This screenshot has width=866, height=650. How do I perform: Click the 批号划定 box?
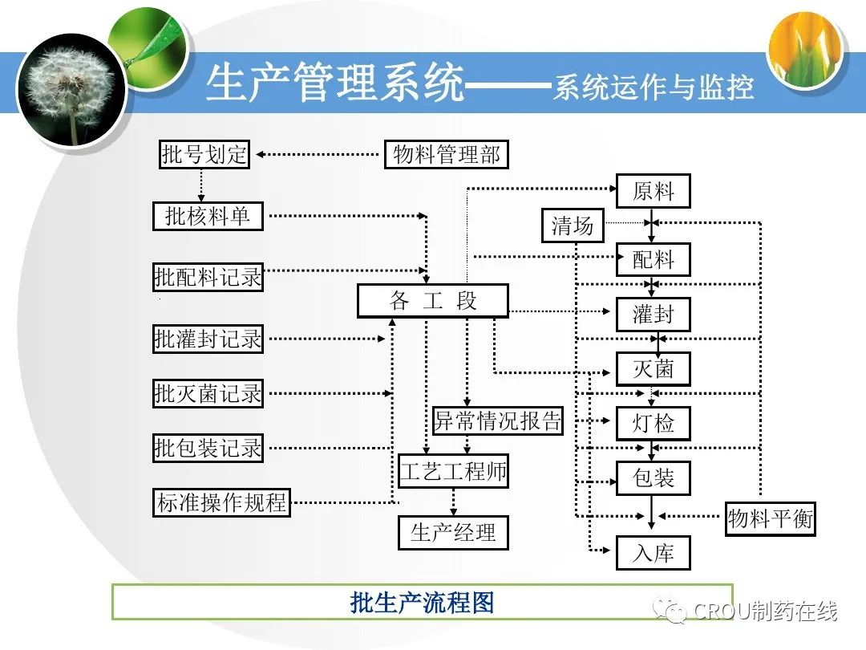point(204,154)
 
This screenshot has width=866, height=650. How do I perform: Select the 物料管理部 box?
point(447,154)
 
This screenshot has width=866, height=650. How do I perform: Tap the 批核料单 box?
point(208,216)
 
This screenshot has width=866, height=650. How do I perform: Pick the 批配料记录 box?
point(208,277)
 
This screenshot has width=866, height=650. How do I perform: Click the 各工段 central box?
point(433,301)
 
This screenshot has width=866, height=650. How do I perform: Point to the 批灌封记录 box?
point(208,339)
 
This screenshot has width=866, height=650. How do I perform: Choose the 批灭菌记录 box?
point(208,393)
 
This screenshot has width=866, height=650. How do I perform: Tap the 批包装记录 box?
point(208,448)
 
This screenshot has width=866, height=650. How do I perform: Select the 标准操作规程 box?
point(221,503)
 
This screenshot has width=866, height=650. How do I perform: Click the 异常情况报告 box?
point(498,420)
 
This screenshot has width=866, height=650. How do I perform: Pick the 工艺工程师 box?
point(453,471)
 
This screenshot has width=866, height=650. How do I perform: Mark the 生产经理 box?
point(453,532)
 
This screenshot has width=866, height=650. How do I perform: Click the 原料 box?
point(654,192)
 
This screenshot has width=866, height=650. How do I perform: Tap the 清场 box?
point(573,225)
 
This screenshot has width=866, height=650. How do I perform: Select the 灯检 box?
point(654,423)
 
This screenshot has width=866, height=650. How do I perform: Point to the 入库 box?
point(654,553)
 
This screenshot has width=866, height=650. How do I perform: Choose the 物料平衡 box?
point(771,518)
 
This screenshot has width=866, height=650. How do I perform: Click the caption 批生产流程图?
point(422,603)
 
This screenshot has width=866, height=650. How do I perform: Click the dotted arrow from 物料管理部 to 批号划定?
point(317,154)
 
